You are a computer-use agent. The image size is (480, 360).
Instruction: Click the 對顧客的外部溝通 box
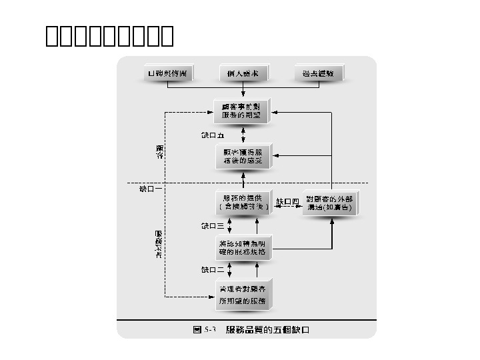[330, 203]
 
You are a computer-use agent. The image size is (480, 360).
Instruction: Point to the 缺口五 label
[213, 135]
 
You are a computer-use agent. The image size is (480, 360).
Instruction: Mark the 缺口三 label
[213, 225]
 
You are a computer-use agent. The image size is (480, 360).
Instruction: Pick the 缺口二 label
[213, 270]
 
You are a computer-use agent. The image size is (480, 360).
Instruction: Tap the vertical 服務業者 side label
[159, 245]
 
